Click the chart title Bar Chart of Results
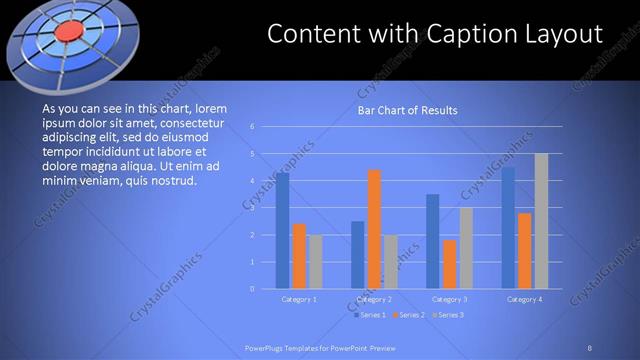point(408,111)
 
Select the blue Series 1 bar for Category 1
point(283,230)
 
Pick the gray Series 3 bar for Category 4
point(541,221)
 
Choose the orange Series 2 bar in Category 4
point(525,250)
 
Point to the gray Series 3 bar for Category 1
point(315,261)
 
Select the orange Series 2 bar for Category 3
point(449,264)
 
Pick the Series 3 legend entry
point(447,315)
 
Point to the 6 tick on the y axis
point(253,127)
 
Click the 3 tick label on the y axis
point(253,208)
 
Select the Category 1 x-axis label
point(299,299)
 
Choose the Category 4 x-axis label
point(525,299)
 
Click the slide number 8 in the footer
point(590,348)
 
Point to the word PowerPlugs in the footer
point(269,348)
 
